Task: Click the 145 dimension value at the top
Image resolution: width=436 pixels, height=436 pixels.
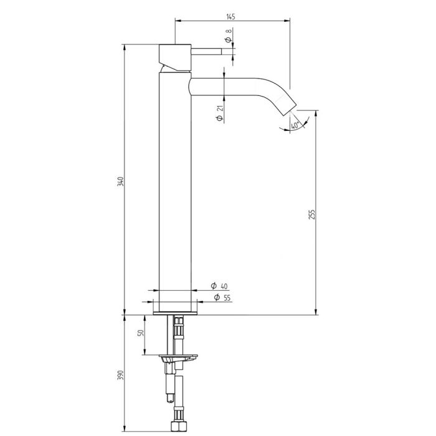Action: pyautogui.click(x=231, y=16)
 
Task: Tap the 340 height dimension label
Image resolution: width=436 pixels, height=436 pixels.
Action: pyautogui.click(x=120, y=181)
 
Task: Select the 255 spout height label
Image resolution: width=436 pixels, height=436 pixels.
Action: pyautogui.click(x=312, y=214)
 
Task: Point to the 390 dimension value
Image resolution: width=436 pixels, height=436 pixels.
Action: pyautogui.click(x=120, y=375)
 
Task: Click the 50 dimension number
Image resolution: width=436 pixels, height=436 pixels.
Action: pyautogui.click(x=141, y=333)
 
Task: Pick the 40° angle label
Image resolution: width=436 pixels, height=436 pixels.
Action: pyautogui.click(x=295, y=125)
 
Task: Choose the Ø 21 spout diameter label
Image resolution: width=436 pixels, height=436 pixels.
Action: pyautogui.click(x=220, y=113)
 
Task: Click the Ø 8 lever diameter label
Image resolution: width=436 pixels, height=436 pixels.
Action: pyautogui.click(x=229, y=36)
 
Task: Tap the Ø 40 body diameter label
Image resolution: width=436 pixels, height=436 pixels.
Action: pyautogui.click(x=219, y=286)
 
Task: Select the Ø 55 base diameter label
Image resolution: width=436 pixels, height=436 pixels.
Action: pyautogui.click(x=222, y=298)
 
